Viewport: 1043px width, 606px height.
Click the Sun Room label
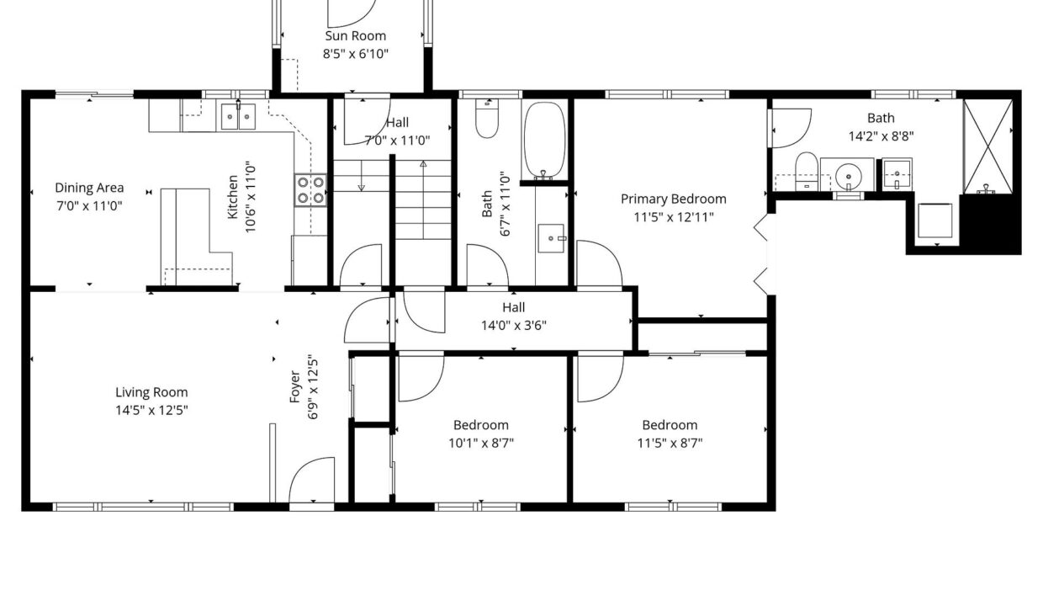click(355, 36)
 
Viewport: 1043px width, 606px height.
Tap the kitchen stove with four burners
click(310, 190)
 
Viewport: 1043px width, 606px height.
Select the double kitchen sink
click(238, 116)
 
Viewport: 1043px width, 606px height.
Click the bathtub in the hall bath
click(544, 141)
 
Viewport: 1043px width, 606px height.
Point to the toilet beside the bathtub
click(487, 119)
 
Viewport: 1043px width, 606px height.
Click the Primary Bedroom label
click(673, 199)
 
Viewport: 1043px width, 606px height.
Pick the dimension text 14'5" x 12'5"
click(151, 411)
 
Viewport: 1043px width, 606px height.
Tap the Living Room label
click(151, 392)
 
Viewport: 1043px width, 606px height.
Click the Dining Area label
click(89, 188)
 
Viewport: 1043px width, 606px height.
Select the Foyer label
click(294, 386)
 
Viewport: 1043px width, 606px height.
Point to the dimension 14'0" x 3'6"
click(514, 325)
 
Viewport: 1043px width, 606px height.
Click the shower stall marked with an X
click(987, 146)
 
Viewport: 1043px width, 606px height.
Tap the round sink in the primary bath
click(849, 177)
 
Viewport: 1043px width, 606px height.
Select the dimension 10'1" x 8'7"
click(481, 443)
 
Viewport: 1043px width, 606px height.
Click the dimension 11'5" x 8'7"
click(670, 443)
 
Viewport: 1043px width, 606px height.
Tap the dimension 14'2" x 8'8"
click(881, 136)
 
